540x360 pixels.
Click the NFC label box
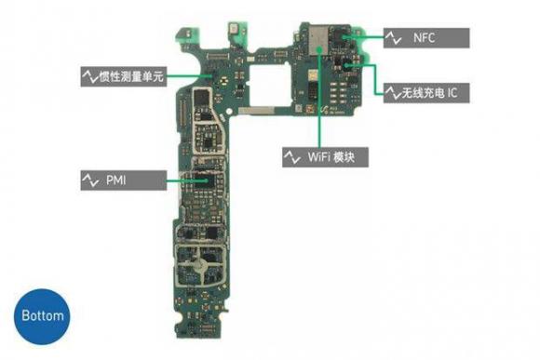coord(426,38)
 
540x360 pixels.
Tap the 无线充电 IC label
coord(426,93)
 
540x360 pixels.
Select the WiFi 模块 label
coord(325,157)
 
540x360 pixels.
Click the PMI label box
coord(124,180)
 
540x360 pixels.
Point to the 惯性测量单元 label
coord(124,76)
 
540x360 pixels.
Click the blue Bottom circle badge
coord(42,316)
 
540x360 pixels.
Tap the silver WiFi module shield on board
coord(318,40)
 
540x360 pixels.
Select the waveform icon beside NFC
coord(393,38)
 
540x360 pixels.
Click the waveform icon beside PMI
coord(90,180)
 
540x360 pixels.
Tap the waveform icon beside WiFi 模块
coord(292,157)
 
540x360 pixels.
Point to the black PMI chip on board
coord(201,181)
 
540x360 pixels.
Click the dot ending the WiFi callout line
coord(320,50)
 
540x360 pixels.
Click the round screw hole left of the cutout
coord(229,112)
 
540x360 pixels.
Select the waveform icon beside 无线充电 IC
coord(393,93)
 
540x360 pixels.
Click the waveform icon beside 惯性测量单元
coord(90,76)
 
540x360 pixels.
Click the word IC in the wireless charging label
coord(452,93)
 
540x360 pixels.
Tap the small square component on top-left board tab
coord(188,33)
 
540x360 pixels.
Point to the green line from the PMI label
coord(182,180)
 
